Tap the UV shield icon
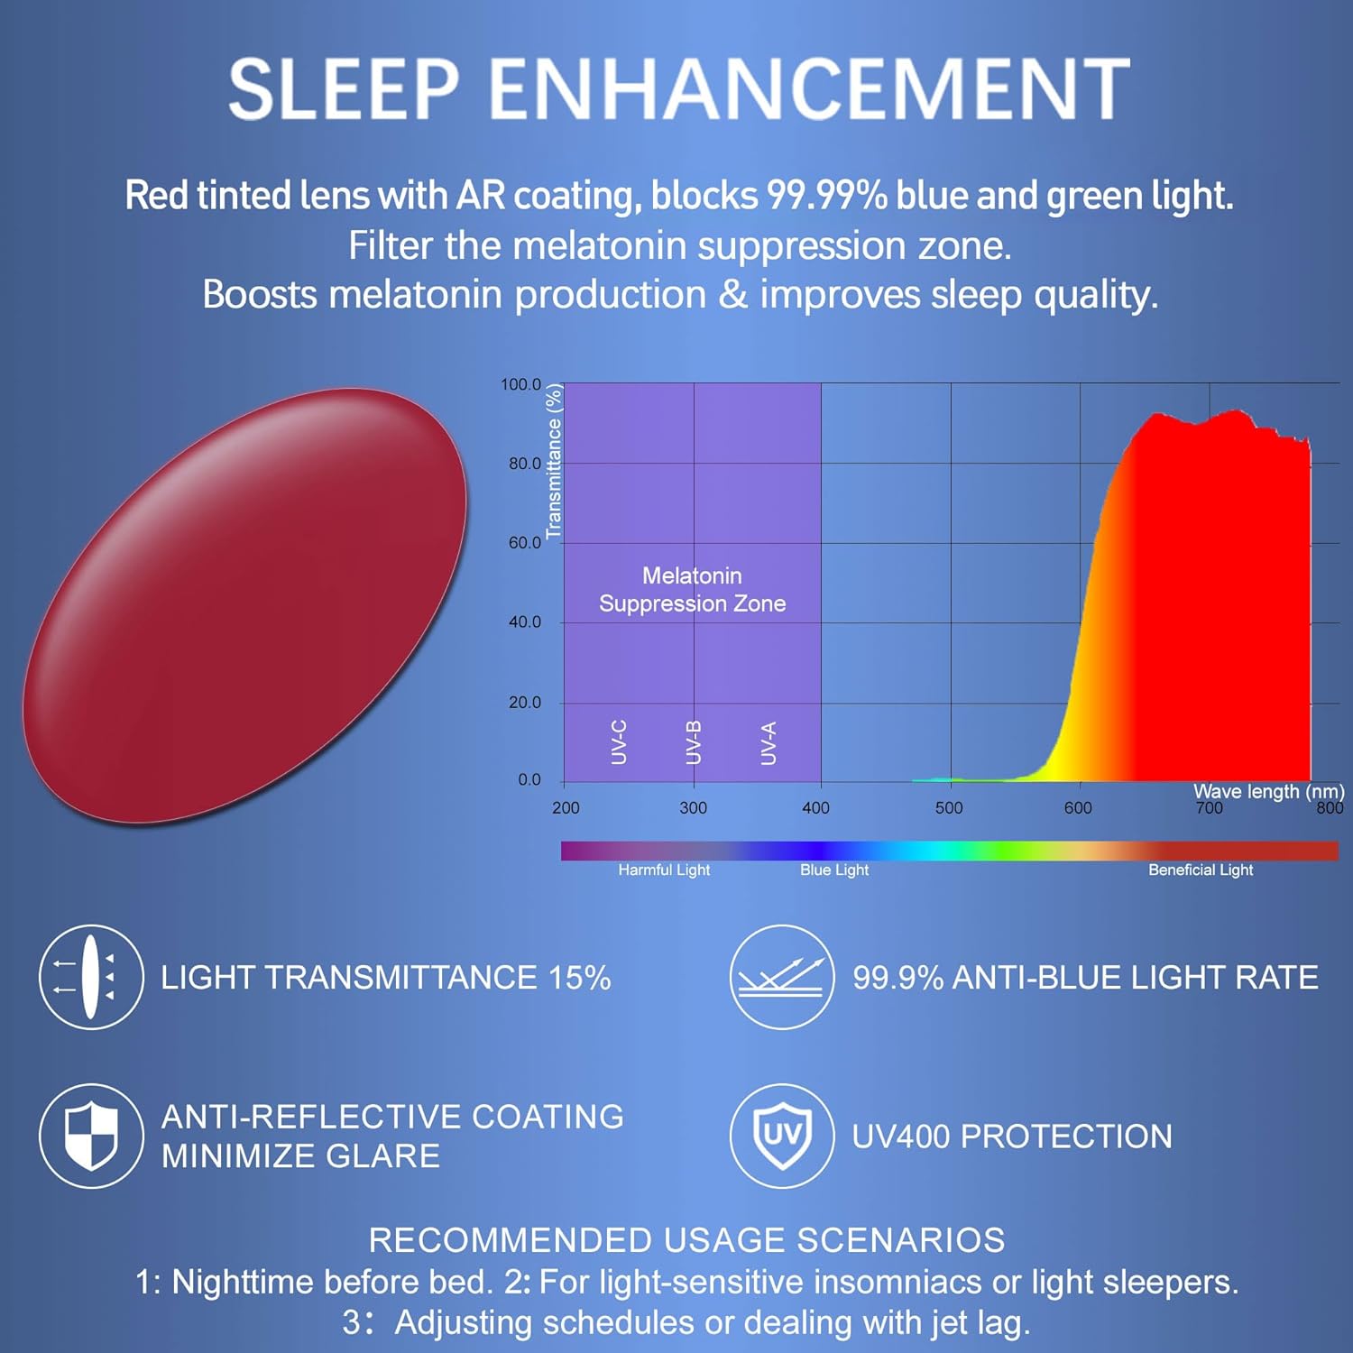(x=781, y=1136)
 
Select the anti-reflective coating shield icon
(x=91, y=1136)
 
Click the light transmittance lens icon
(x=91, y=977)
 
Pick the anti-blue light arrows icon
(x=781, y=977)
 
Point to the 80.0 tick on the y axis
(x=524, y=464)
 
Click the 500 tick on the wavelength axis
(x=949, y=808)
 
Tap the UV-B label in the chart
(x=693, y=742)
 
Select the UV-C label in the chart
(x=619, y=742)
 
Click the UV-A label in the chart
(x=769, y=742)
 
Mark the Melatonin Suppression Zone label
(x=692, y=590)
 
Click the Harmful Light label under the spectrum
(x=664, y=870)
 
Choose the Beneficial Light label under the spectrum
(x=1201, y=870)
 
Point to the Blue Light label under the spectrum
(x=834, y=870)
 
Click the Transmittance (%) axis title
(x=554, y=462)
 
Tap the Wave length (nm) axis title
(x=1268, y=791)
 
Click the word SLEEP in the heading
(x=344, y=88)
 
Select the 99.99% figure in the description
(x=826, y=196)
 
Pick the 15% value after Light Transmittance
(x=579, y=978)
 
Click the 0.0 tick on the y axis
(x=529, y=780)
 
